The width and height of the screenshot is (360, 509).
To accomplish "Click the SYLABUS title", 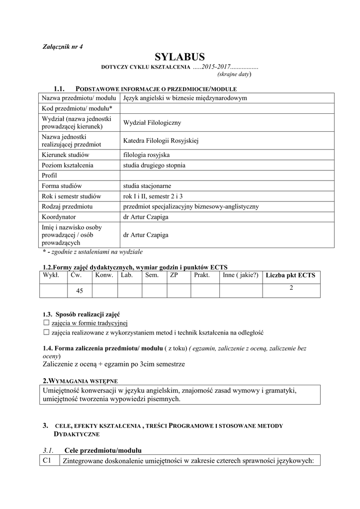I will point(180,57).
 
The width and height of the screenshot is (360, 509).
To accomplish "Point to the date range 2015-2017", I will point(215,67).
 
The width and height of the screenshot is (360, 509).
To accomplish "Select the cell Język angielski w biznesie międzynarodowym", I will point(185,98).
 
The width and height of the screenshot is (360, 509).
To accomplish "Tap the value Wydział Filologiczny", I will point(152,122).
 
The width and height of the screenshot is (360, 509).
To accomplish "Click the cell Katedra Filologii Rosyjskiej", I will point(161,141).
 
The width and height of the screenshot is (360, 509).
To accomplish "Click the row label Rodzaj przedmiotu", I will point(69,206).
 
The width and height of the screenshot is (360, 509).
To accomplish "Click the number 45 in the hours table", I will point(80,290).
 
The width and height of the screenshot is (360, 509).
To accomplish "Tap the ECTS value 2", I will point(291,287).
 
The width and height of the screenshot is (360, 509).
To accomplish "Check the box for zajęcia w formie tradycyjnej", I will point(47,323).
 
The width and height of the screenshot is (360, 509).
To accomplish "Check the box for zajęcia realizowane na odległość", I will point(47,332).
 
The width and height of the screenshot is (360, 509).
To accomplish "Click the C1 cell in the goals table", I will point(48,461).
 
